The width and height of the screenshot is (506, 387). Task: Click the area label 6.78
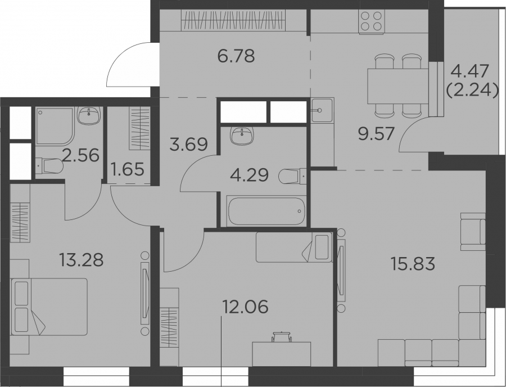pyautogui.click(x=236, y=56)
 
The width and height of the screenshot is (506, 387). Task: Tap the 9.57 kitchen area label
pyautogui.click(x=377, y=133)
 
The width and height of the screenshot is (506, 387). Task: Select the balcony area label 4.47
pyautogui.click(x=470, y=71)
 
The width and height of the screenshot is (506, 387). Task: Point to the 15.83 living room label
pyautogui.click(x=413, y=263)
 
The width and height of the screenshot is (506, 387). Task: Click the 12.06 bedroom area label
pyautogui.click(x=245, y=307)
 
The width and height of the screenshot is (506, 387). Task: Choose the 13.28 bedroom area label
pyautogui.click(x=82, y=260)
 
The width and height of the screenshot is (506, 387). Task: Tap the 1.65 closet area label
pyautogui.click(x=127, y=169)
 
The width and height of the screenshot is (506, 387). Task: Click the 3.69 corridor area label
pyautogui.click(x=188, y=144)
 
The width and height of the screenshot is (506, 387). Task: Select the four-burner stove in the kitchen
pyautogui.click(x=371, y=21)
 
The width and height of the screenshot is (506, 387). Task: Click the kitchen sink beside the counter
pyautogui.click(x=322, y=110)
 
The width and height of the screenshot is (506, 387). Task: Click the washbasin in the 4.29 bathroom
pyautogui.click(x=242, y=136)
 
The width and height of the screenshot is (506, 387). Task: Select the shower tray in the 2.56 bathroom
pyautogui.click(x=55, y=126)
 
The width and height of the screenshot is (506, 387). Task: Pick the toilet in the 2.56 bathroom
pyautogui.click(x=49, y=166)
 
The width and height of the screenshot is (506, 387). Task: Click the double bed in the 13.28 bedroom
pyautogui.click(x=49, y=307)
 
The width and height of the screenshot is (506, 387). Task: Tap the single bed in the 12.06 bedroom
pyautogui.click(x=294, y=247)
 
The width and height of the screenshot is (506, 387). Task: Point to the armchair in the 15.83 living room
pyautogui.click(x=473, y=231)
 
